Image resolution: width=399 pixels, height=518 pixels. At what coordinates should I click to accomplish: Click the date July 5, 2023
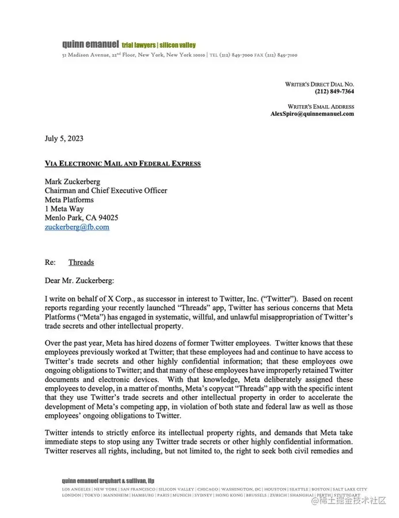pyautogui.click(x=64, y=138)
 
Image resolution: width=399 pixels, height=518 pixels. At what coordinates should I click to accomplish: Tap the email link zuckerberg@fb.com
pyautogui.click(x=77, y=227)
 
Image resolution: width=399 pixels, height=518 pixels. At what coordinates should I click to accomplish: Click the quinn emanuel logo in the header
pyautogui.click(x=90, y=44)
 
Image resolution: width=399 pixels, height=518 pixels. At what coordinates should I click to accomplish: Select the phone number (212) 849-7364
pyautogui.click(x=334, y=92)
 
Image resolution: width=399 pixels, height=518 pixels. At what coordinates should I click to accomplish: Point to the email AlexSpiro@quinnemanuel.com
pyautogui.click(x=312, y=114)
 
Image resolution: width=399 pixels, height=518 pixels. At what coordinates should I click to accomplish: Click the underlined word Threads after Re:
pyautogui.click(x=81, y=262)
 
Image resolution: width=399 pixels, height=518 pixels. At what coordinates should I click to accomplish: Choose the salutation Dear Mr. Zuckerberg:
pyautogui.click(x=79, y=280)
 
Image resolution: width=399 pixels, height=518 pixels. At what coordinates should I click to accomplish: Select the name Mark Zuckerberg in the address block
pyautogui.click(x=73, y=181)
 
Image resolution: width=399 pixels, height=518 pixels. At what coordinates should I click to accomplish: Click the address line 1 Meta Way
pyautogui.click(x=64, y=209)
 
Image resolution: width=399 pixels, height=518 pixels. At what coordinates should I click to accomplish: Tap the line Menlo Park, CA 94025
pyautogui.click(x=81, y=218)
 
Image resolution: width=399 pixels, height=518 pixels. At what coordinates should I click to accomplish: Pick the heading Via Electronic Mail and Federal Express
pyautogui.click(x=123, y=163)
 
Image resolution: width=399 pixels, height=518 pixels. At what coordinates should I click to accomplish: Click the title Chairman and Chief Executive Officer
pyautogui.click(x=106, y=191)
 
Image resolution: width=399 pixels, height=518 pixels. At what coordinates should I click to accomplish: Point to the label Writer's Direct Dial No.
pyautogui.click(x=320, y=84)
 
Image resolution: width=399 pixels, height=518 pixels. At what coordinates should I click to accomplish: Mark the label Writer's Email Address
pyautogui.click(x=321, y=106)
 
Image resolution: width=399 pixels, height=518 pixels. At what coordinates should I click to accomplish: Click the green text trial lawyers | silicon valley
pyautogui.click(x=159, y=45)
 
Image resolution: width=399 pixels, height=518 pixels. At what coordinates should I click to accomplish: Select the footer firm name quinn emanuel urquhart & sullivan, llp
pyautogui.click(x=108, y=481)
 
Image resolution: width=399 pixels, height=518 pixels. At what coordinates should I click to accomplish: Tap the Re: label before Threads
pyautogui.click(x=51, y=262)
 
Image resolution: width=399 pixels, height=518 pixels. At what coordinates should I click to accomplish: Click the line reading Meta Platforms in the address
pyautogui.click(x=69, y=200)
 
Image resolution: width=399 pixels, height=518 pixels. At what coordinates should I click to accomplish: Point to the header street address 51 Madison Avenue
pyautogui.click(x=86, y=55)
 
